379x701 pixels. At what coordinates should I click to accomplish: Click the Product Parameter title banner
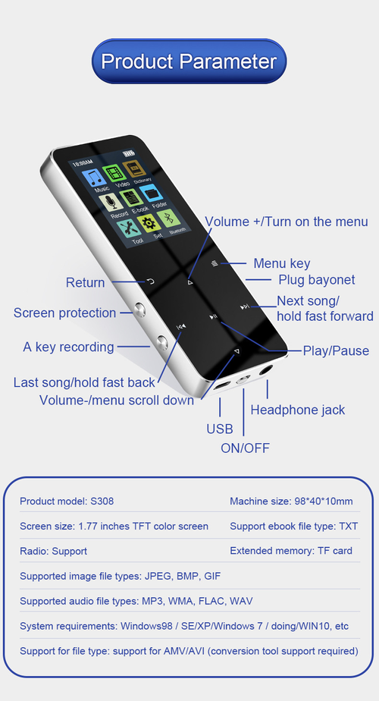tap(189, 61)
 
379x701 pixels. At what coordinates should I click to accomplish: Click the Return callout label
tap(85, 282)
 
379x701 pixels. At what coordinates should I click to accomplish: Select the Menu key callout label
tap(282, 263)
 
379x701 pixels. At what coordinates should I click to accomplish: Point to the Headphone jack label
tap(298, 410)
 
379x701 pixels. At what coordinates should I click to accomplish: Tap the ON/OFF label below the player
tap(245, 448)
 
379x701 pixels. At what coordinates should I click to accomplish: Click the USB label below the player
tap(220, 429)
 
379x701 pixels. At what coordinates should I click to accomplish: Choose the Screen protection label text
tap(65, 313)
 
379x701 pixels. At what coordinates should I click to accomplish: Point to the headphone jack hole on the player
tap(265, 371)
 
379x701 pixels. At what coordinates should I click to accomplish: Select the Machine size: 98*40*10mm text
tap(291, 501)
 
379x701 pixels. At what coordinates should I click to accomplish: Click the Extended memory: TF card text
tap(291, 551)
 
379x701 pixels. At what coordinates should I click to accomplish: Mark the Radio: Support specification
tap(53, 551)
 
